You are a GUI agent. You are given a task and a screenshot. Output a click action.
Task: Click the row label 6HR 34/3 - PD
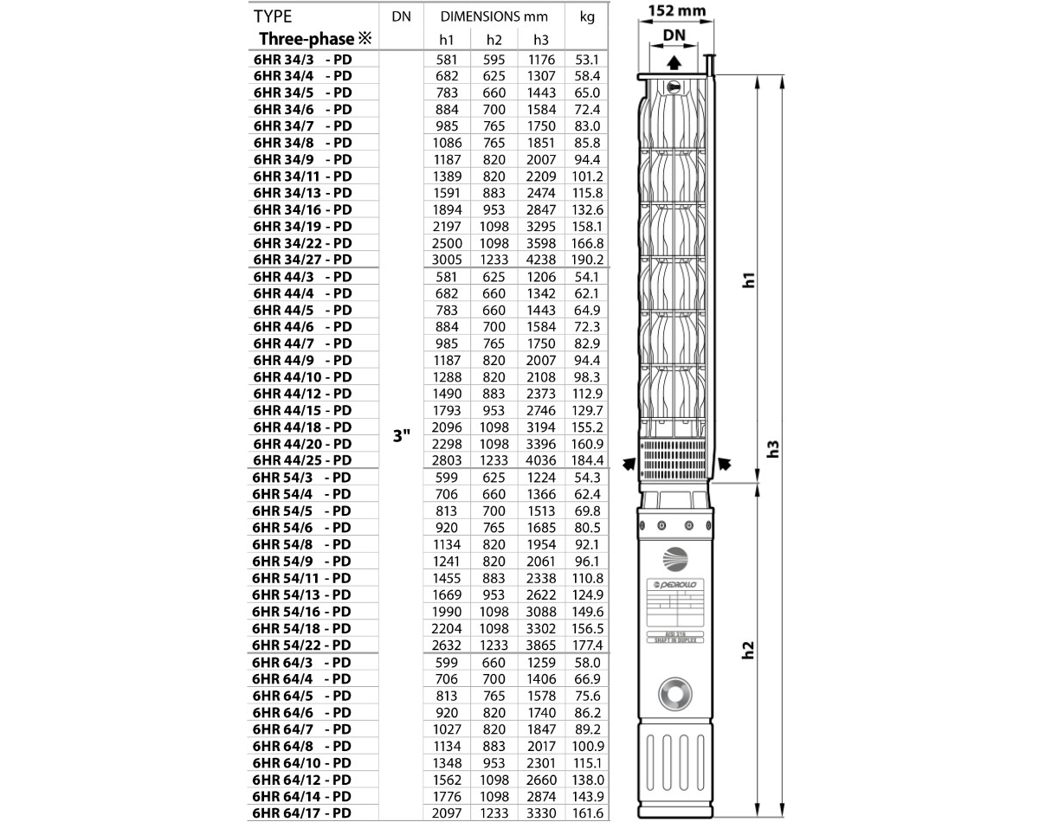pos(302,60)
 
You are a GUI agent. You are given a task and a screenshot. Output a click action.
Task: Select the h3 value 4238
pos(540,260)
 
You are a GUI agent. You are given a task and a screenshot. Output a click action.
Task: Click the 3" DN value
pos(400,436)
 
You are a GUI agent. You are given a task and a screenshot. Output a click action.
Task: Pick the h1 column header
pos(447,40)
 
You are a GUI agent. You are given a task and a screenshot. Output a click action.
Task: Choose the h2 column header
pos(494,40)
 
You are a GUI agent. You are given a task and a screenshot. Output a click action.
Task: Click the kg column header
pos(587,16)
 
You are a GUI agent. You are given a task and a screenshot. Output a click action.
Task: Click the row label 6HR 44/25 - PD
pos(302,460)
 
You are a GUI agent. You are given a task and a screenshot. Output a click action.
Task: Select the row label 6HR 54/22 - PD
pos(302,645)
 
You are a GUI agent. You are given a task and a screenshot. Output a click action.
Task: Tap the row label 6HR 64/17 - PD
pos(302,812)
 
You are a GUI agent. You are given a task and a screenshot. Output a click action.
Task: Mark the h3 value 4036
pos(540,460)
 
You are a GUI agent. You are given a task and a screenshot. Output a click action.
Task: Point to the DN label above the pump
pos(674,35)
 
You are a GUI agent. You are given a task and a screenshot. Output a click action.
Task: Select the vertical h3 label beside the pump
pos(775,448)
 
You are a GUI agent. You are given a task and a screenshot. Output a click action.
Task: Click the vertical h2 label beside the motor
pos(750,650)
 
